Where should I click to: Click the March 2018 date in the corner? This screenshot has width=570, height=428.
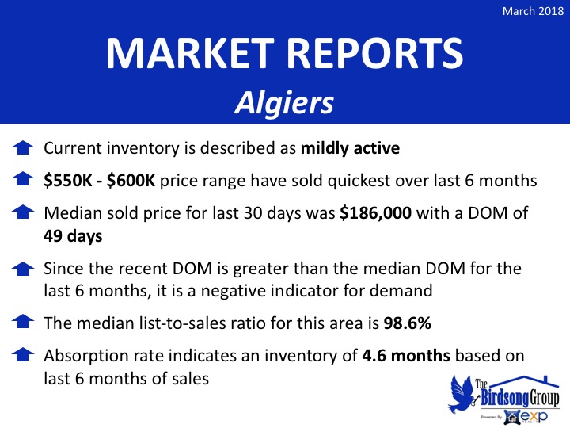[533, 11]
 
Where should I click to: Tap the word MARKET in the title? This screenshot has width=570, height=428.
[190, 53]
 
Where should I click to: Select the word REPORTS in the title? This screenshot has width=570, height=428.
[375, 53]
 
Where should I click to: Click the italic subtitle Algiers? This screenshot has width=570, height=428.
[284, 102]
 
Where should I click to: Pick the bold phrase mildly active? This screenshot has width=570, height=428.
[350, 148]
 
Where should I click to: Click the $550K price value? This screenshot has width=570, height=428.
[67, 181]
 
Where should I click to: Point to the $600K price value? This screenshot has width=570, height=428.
[131, 181]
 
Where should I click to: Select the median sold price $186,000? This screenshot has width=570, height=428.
[375, 213]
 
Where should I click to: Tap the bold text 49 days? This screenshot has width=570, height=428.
[73, 236]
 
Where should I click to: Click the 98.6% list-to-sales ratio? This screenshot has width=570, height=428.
[407, 323]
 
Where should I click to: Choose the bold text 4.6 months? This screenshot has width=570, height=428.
[406, 356]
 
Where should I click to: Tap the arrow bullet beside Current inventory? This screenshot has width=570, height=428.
[23, 147]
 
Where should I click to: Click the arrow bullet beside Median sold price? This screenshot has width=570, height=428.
[23, 212]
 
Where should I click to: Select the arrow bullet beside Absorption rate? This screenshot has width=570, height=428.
[23, 354]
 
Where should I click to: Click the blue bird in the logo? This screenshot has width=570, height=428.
[461, 395]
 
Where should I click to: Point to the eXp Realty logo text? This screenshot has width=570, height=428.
[534, 416]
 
